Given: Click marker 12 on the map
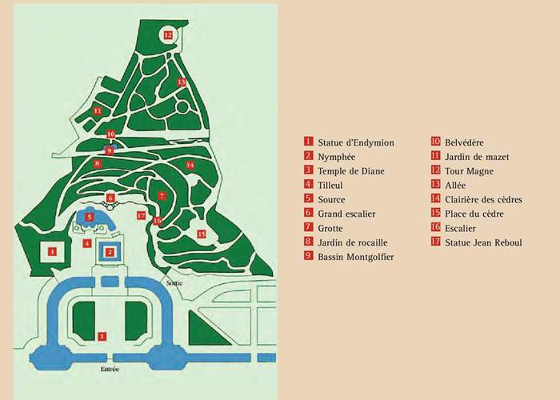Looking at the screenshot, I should [x=168, y=35].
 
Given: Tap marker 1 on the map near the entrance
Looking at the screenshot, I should [x=101, y=337].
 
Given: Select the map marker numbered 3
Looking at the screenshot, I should [x=52, y=251].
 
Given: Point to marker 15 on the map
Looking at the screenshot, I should [x=202, y=234].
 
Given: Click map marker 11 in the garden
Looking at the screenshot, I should [x=97, y=110].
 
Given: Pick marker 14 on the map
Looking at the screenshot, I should [x=190, y=165].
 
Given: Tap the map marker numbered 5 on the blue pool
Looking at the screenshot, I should [x=90, y=217].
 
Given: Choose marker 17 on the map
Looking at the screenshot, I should [x=141, y=215].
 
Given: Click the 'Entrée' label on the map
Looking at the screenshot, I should [x=109, y=369].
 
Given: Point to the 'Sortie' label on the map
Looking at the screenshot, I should [x=174, y=283].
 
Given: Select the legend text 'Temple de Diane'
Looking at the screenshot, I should [x=350, y=171].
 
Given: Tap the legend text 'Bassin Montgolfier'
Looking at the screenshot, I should [x=355, y=257].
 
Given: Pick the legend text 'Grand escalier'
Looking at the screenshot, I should [x=346, y=214].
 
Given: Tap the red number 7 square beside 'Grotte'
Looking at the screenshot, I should [x=308, y=228].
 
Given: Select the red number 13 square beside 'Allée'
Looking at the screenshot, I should [x=436, y=185].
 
